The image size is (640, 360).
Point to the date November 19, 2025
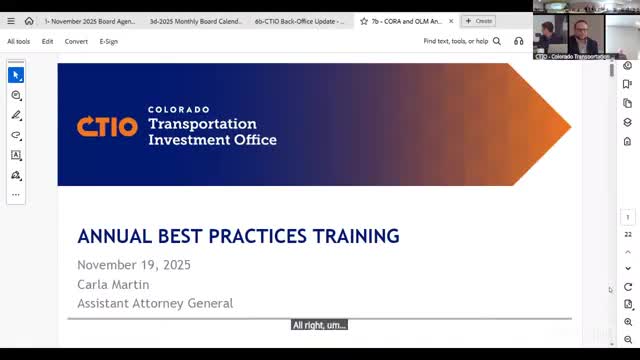pos(134,265)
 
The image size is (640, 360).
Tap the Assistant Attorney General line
pos(155,303)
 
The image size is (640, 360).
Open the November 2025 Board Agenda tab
pos(89,21)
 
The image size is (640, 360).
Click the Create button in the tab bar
pos(479,21)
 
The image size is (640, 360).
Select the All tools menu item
pos(18,42)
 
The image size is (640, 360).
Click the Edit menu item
pos(48,42)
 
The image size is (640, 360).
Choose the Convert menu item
pos(76,42)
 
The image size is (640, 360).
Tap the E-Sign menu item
pos(109,42)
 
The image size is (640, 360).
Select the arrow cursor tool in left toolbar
pos(16,75)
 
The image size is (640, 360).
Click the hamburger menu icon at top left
pos(11,21)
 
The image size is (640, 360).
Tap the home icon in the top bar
pos(29,21)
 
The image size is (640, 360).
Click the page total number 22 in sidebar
pos(628,234)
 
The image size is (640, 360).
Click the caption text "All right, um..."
pos(319,325)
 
